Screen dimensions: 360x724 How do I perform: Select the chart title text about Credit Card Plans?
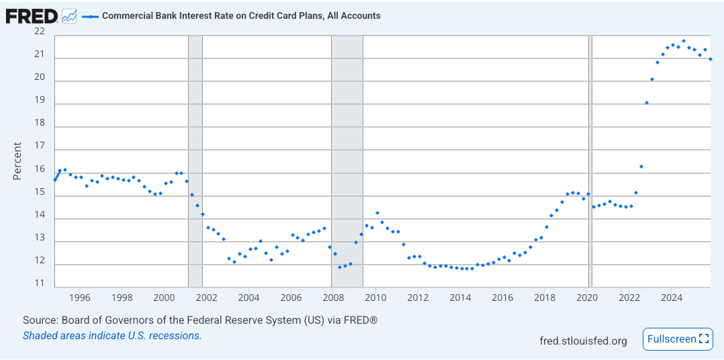click(x=241, y=15)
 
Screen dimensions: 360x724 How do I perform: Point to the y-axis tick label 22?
click(x=40, y=32)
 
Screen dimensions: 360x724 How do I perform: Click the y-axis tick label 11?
click(x=40, y=283)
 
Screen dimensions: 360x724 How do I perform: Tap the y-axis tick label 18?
click(x=40, y=123)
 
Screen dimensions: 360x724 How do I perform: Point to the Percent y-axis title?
click(x=17, y=161)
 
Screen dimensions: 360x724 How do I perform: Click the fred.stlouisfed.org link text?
click(x=583, y=341)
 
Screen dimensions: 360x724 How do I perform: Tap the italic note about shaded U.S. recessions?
click(x=112, y=335)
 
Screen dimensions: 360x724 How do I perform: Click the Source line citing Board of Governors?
click(x=200, y=320)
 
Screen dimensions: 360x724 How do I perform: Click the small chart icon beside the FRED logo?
click(x=69, y=15)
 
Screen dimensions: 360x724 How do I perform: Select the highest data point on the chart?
click(x=684, y=41)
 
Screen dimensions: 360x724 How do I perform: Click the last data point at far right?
click(x=711, y=59)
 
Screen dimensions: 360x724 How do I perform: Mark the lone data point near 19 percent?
click(x=647, y=103)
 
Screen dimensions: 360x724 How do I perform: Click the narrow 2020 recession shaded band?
click(x=590, y=161)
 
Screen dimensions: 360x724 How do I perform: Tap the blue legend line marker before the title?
click(x=90, y=15)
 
